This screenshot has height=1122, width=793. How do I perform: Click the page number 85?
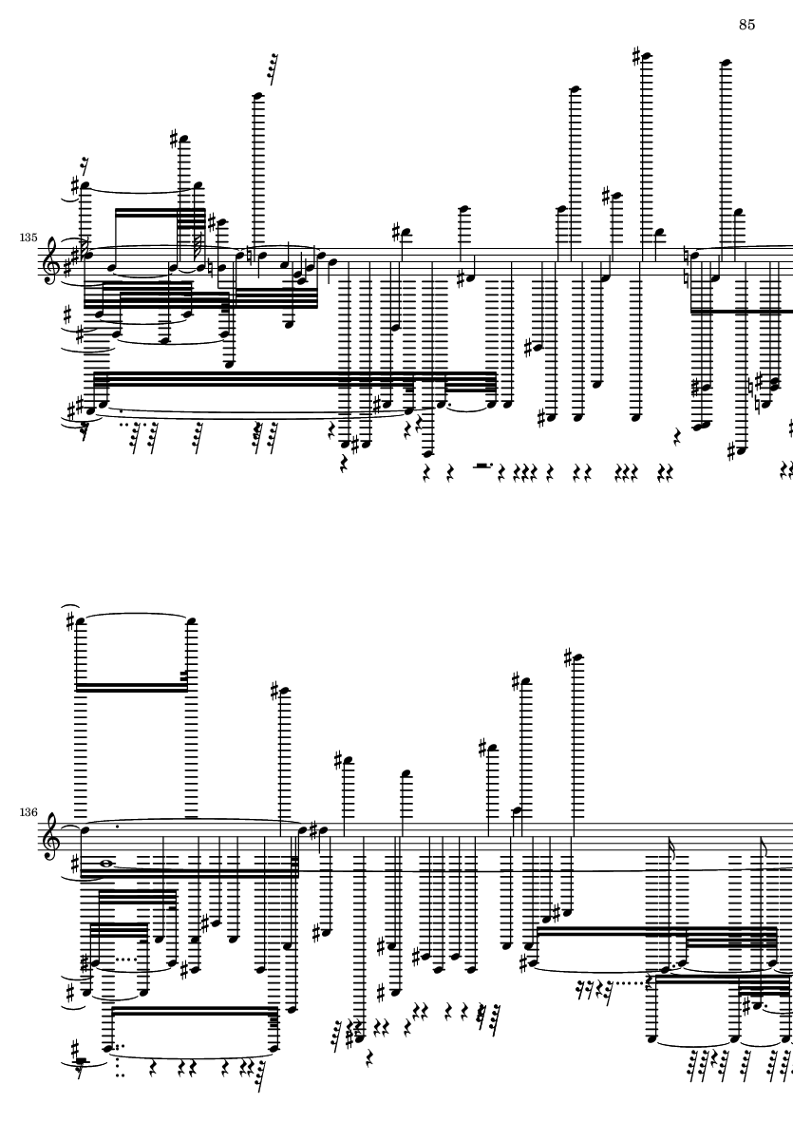[x=746, y=25]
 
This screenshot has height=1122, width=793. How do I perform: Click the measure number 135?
[x=28, y=237]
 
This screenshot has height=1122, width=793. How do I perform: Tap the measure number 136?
[x=28, y=812]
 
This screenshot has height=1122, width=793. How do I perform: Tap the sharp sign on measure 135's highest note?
[x=636, y=56]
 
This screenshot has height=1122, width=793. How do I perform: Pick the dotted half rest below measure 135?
[x=484, y=466]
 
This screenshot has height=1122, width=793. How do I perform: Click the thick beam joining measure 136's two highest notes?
[x=133, y=688]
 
